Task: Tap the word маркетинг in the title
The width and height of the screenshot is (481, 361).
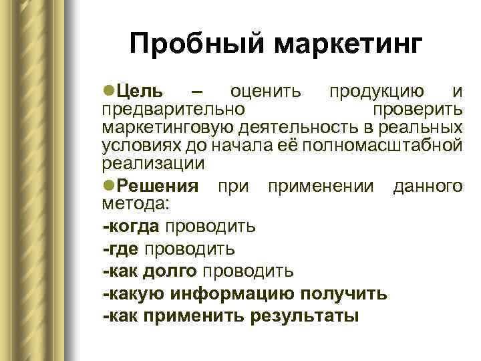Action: (348, 45)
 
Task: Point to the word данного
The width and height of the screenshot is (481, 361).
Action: (428, 185)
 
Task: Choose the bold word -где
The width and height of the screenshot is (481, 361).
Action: (121, 249)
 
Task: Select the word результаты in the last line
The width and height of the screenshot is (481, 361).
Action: (304, 316)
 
